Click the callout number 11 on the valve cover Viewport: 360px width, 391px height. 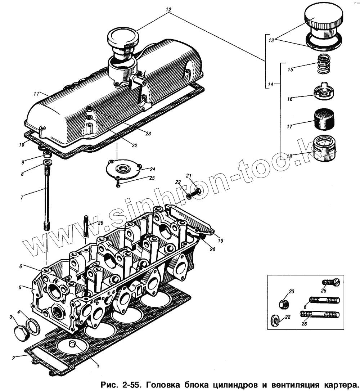click(x=36, y=94)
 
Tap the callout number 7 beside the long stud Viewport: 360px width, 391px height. click(x=22, y=197)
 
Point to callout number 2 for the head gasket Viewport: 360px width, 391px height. click(x=13, y=358)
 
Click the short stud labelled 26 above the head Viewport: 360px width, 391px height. click(x=86, y=226)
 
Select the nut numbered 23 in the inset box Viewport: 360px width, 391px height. click(x=283, y=304)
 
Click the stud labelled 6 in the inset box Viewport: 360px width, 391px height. click(x=324, y=300)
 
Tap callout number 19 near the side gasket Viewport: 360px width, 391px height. click(x=220, y=240)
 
